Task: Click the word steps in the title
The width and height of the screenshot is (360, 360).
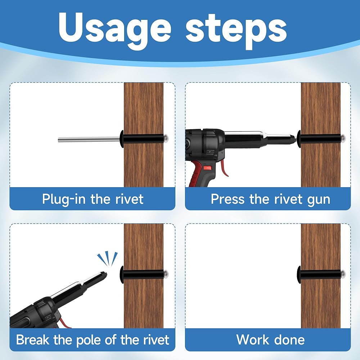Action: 236,31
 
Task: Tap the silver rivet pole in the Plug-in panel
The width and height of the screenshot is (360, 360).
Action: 89,139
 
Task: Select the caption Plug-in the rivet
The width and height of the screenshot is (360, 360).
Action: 93,199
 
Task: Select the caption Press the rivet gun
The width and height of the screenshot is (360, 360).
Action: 270,199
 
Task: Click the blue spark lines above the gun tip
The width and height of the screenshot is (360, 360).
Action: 108,259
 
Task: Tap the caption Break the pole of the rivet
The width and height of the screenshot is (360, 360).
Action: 93,340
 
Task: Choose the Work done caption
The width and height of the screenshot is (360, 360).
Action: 270,340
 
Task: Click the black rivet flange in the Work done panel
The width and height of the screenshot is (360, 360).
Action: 299,275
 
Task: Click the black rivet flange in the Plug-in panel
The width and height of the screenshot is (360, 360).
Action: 122,139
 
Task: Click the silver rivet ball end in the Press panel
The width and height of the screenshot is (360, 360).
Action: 343,138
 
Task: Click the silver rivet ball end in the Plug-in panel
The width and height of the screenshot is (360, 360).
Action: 166,138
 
